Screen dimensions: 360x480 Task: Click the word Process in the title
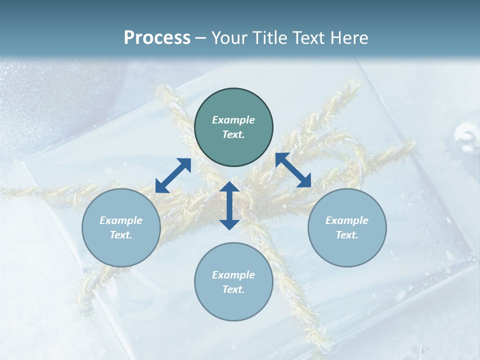pos(157,38)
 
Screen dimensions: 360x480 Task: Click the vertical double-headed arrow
pos(229,205)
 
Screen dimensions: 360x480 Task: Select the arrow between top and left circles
pos(173,175)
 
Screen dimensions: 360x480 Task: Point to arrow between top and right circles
pos(293,170)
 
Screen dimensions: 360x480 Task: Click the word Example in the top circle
pos(233,120)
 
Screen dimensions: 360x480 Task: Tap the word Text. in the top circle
pos(233,134)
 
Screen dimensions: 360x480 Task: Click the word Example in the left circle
pos(121,220)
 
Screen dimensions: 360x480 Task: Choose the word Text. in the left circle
pos(121,235)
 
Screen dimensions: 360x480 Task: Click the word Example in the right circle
pos(347,220)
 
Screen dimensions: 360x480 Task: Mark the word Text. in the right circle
pos(347,235)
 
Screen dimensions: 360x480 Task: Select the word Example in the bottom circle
pos(233,275)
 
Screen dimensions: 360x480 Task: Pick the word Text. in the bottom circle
pos(233,289)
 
